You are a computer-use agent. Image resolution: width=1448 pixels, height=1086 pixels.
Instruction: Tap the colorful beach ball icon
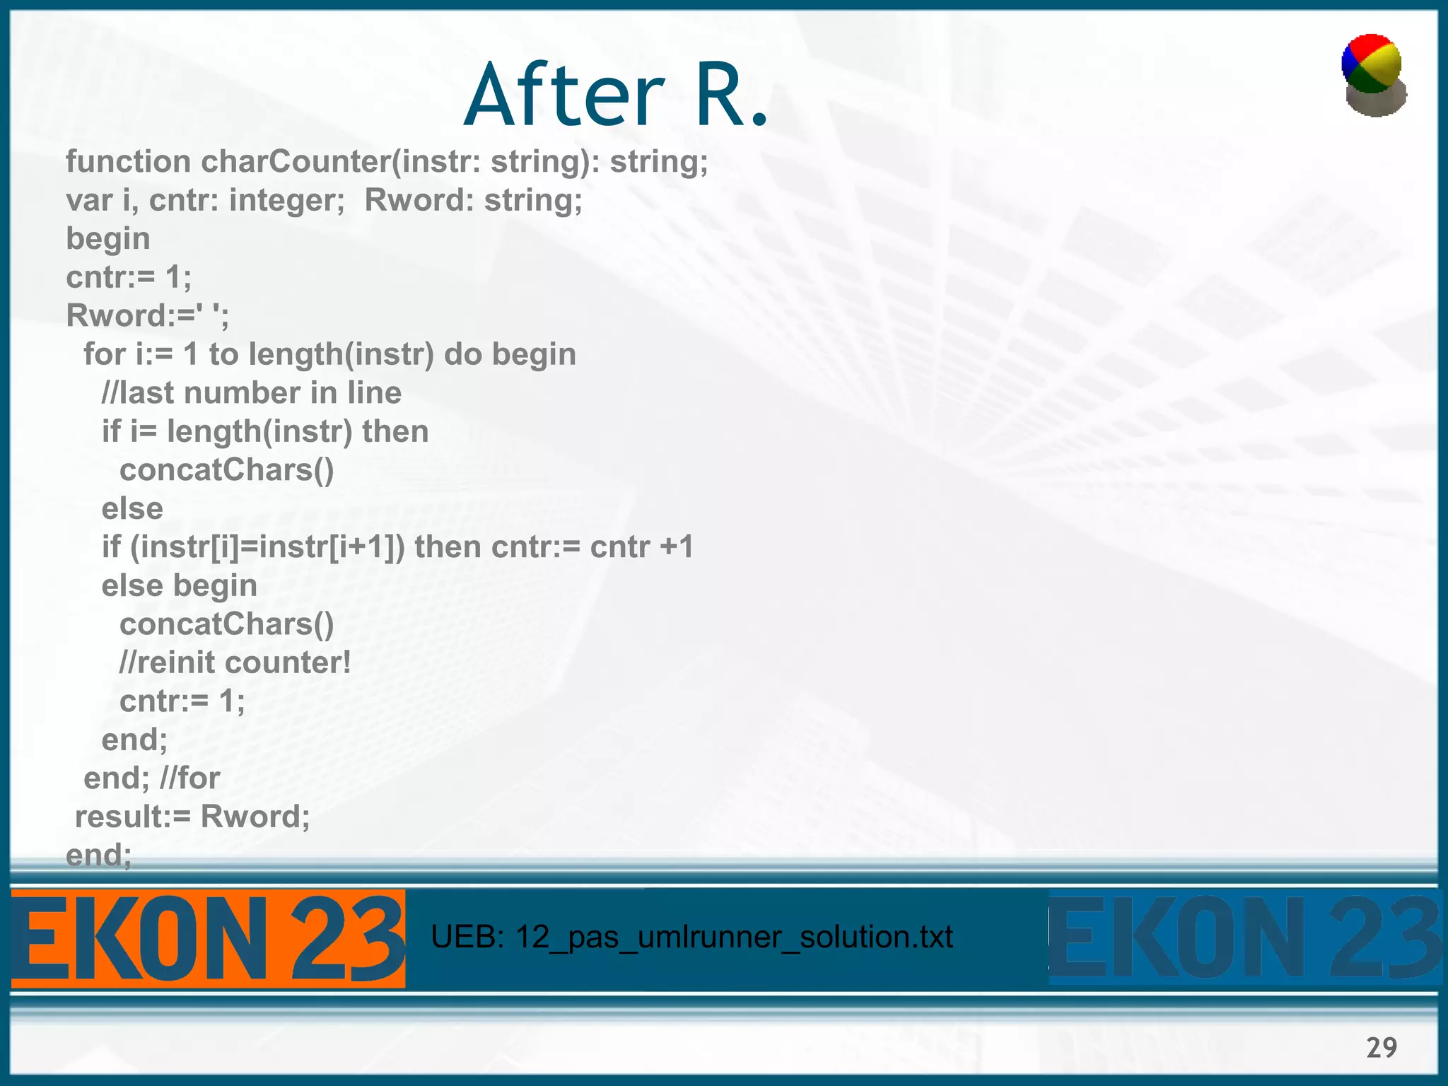(x=1373, y=75)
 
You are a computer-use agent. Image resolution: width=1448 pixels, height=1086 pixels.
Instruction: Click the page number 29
(x=1382, y=1047)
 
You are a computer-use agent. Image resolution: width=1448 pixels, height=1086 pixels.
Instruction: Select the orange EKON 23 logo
(x=208, y=938)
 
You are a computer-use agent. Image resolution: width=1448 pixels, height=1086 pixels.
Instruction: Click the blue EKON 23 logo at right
(x=1244, y=938)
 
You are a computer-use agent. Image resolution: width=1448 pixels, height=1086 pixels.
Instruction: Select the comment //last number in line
(x=252, y=393)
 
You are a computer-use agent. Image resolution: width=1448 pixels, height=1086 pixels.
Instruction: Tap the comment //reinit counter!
(x=235, y=663)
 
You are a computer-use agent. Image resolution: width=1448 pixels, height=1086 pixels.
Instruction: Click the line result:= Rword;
(x=192, y=817)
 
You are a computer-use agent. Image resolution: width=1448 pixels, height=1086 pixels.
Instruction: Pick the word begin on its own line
(x=108, y=239)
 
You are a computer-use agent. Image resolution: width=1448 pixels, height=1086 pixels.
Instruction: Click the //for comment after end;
(x=190, y=778)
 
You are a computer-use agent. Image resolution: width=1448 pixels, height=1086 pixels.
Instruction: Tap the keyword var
(x=89, y=201)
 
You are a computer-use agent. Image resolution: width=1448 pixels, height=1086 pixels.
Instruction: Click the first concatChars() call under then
(x=227, y=470)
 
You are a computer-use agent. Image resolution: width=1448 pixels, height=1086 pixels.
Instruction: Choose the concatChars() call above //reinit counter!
(x=227, y=624)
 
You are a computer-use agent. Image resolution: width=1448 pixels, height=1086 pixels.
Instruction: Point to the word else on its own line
(x=132, y=509)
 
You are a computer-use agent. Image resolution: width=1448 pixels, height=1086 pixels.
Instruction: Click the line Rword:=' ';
(x=147, y=316)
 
